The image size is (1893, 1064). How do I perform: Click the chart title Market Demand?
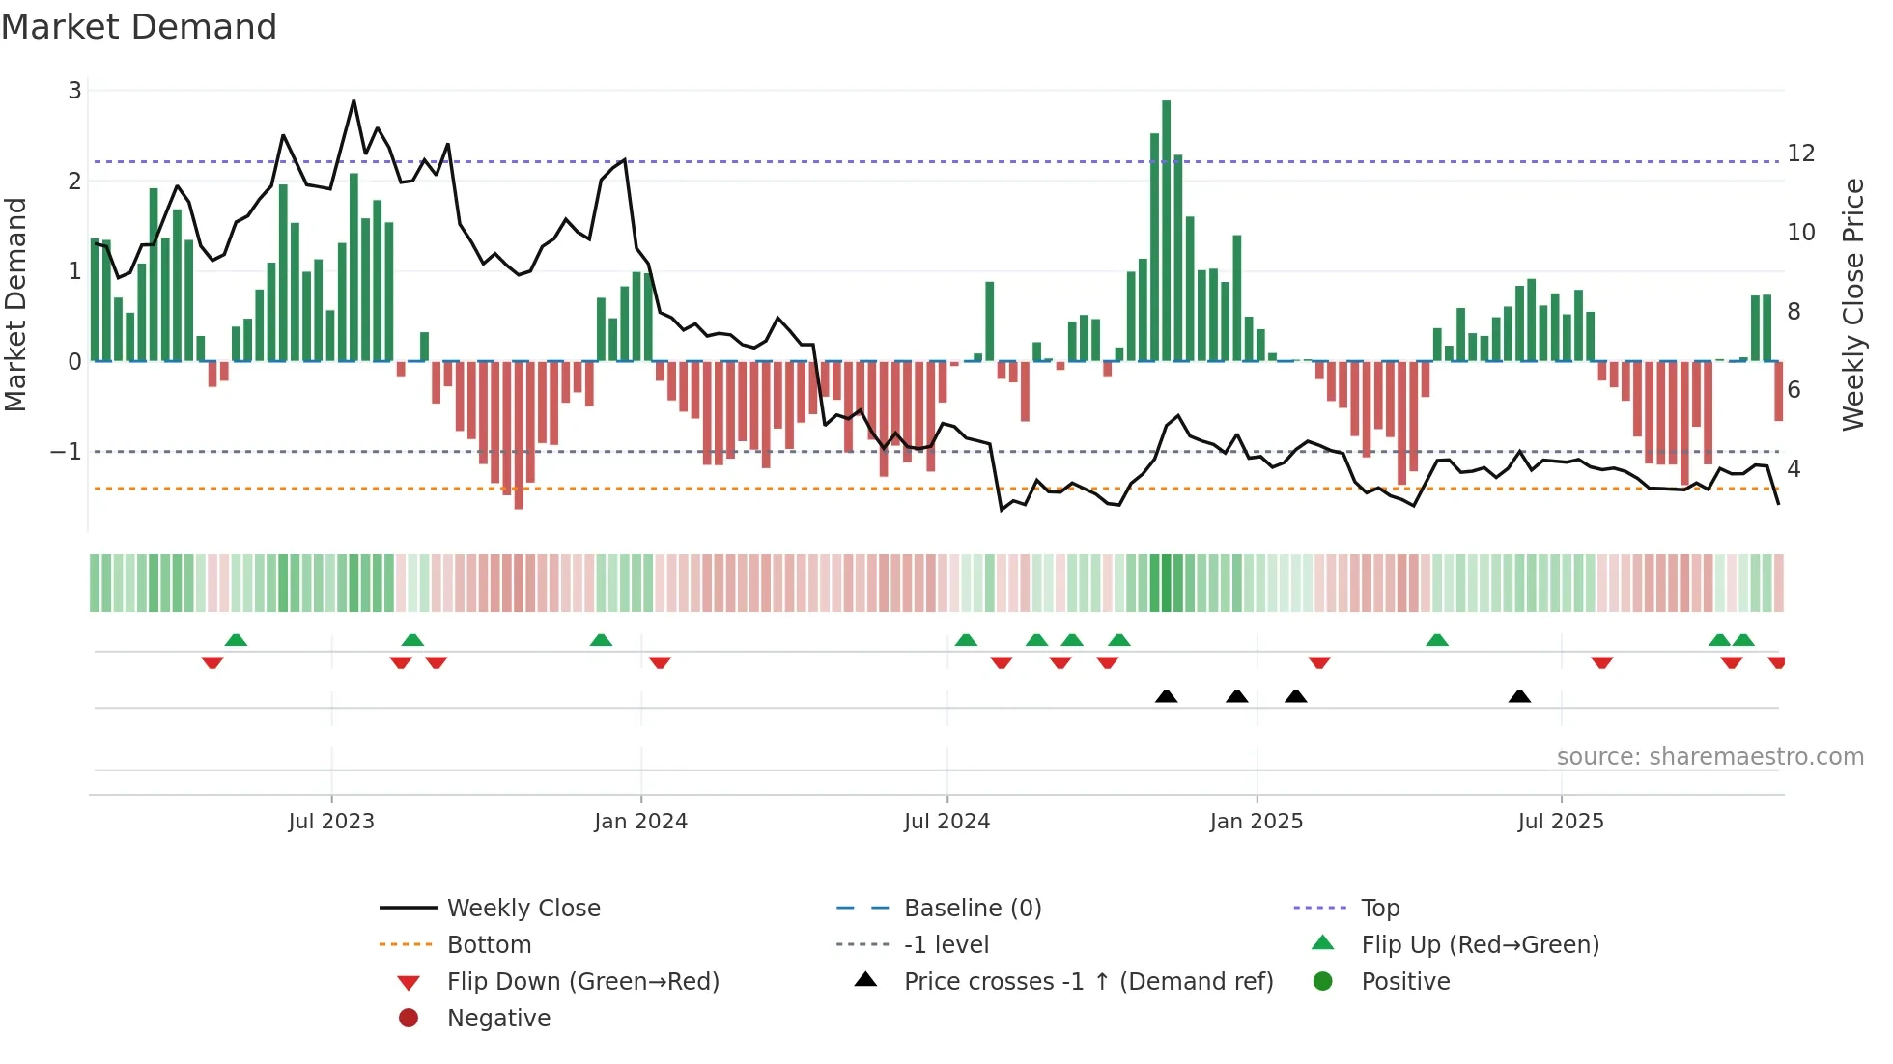point(139,27)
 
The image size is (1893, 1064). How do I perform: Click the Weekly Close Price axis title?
point(1852,304)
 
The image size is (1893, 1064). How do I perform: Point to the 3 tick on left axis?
point(74,91)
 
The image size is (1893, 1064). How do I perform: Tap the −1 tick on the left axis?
point(66,452)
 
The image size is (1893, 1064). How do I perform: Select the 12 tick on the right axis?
point(1800,154)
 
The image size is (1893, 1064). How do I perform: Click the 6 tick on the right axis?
point(1794,390)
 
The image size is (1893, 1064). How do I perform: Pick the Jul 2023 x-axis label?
point(331,822)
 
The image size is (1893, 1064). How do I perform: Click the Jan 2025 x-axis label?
point(1256,822)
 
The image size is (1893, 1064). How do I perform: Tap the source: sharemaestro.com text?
point(1709,757)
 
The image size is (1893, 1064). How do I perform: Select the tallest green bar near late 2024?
point(1166,232)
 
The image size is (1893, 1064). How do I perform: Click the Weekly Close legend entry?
point(523,909)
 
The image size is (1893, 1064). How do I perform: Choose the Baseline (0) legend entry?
point(972,909)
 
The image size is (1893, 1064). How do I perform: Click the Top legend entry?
point(1379,909)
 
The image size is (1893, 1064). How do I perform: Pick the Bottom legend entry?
point(489,945)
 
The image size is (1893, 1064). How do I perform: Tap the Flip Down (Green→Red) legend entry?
point(582,982)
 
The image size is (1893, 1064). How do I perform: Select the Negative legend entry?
point(498,1019)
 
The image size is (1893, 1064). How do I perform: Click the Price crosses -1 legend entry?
point(1088,982)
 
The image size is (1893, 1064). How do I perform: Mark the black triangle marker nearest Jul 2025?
point(1519,697)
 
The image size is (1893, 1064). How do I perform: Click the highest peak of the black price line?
point(353,101)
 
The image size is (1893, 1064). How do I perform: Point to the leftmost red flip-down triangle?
point(212,662)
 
